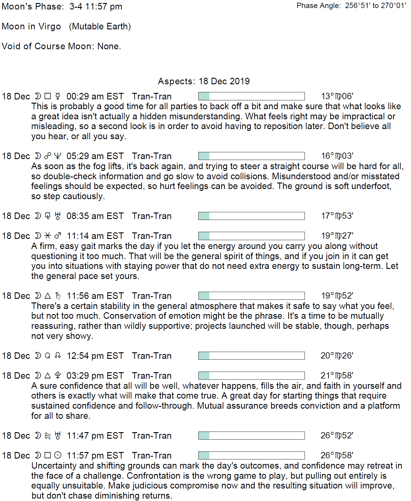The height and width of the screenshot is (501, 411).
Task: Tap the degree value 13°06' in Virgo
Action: coord(337,96)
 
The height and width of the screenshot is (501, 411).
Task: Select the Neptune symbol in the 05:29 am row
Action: coord(58,156)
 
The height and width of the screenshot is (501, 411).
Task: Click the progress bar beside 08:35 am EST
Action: coord(251,216)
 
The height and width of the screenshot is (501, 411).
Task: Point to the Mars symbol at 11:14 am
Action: coord(58,236)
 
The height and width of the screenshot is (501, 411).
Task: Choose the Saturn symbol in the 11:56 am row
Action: coord(58,296)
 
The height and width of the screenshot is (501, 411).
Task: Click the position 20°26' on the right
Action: coord(337,356)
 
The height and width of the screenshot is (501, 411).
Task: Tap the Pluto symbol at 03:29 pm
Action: coord(58,376)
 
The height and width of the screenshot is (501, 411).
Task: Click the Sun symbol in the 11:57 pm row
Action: coord(58,455)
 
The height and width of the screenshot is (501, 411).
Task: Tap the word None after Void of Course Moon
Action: coord(109,46)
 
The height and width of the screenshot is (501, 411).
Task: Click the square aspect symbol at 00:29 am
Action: coord(47,96)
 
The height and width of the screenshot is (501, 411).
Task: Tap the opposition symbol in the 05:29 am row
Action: coord(47,156)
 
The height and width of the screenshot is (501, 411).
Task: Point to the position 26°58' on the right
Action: coord(337,455)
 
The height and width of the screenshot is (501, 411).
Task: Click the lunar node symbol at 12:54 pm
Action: coord(58,356)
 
